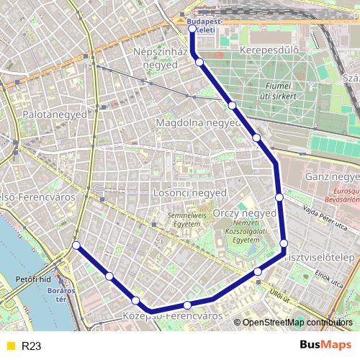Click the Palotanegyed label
click(55, 114)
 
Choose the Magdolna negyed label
click(197, 123)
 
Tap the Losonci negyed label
click(189, 193)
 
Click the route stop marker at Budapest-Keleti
click(192, 29)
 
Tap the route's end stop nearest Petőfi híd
click(76, 246)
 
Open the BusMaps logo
click(325, 346)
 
